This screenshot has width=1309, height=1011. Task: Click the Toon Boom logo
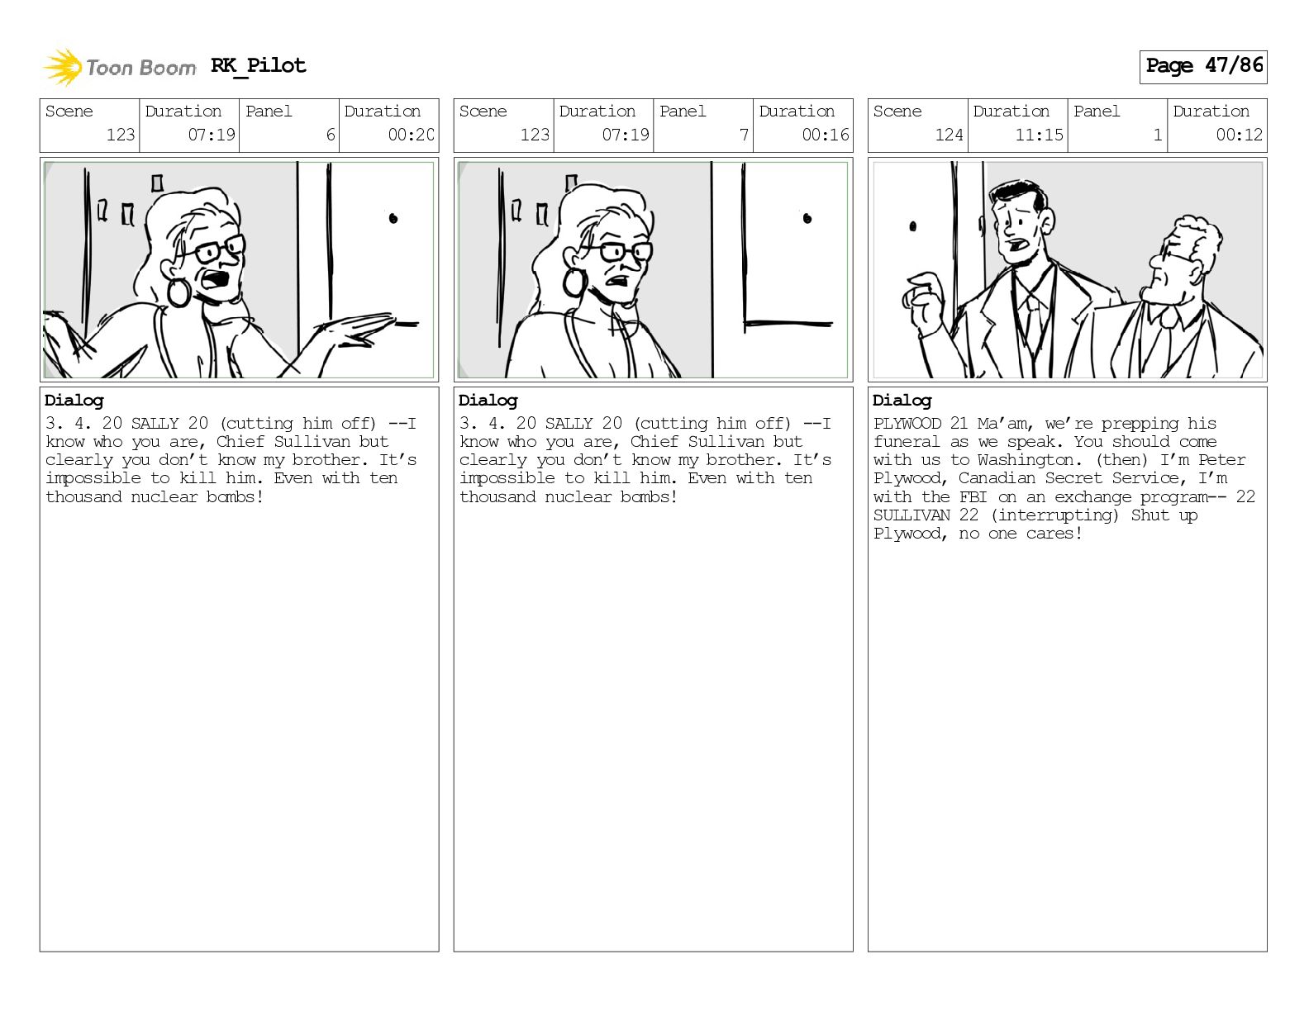(x=119, y=67)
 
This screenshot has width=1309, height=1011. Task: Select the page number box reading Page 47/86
(x=1203, y=67)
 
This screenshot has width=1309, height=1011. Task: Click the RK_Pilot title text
(x=259, y=65)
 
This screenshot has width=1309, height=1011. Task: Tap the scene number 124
(x=949, y=135)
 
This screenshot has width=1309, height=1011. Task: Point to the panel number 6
(x=331, y=135)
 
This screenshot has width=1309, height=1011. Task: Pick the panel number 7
(x=745, y=135)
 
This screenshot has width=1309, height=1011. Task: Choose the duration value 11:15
(x=1039, y=135)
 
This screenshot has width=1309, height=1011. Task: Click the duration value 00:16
(x=826, y=135)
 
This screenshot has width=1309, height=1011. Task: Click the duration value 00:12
(x=1239, y=135)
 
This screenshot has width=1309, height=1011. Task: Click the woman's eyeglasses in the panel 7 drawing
(x=617, y=250)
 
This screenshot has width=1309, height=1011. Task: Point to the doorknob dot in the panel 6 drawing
(x=393, y=218)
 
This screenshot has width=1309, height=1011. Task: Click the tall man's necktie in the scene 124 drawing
(x=1032, y=325)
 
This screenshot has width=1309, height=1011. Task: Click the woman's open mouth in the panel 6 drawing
(x=217, y=279)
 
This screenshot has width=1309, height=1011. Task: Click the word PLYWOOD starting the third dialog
(x=907, y=424)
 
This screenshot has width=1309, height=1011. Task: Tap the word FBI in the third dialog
(x=973, y=497)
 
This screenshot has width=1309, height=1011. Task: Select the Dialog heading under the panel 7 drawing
(x=488, y=401)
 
